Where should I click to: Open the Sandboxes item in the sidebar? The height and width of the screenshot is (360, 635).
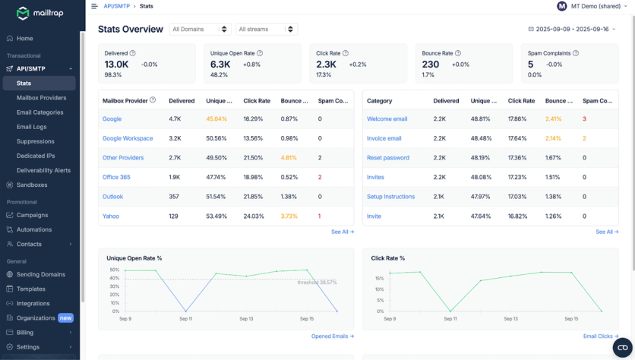click(32, 185)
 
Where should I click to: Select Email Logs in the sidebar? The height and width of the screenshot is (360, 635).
click(31, 127)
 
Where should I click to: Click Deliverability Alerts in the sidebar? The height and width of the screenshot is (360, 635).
click(43, 170)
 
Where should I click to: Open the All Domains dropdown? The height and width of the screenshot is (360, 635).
click(200, 30)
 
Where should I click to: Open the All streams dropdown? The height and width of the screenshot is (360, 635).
click(266, 30)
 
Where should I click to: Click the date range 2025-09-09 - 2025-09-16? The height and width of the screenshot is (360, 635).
click(570, 30)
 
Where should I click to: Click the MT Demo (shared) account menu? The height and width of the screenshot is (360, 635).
click(592, 6)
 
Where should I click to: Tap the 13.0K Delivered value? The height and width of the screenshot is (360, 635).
click(116, 65)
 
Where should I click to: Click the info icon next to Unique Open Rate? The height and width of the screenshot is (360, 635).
click(260, 53)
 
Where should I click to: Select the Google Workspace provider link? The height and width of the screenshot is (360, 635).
click(128, 138)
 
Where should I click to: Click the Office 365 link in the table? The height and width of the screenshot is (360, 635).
click(116, 177)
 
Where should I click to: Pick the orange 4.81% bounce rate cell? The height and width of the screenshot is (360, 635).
click(289, 158)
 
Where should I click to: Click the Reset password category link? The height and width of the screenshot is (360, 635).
click(389, 158)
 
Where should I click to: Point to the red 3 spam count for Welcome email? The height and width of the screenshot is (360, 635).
click(584, 119)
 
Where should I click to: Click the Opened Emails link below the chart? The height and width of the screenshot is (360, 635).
click(332, 336)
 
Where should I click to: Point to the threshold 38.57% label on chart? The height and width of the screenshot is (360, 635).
click(317, 283)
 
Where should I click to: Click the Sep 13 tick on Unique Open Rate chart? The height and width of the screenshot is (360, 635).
click(245, 319)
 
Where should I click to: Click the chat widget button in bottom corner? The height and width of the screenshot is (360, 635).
click(620, 347)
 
